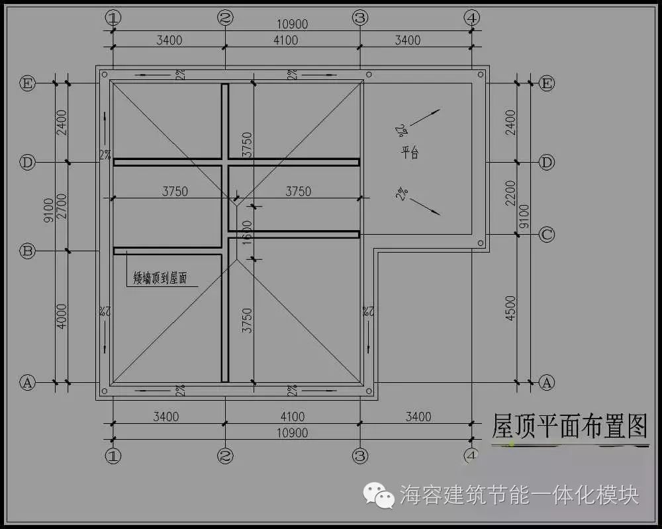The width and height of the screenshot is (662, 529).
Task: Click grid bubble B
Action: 27,251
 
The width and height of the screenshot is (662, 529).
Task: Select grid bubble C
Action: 547,234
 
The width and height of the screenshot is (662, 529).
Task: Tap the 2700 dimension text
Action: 61,206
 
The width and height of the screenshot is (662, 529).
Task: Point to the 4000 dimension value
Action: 61,317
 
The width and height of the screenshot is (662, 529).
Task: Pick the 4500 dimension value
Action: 510,309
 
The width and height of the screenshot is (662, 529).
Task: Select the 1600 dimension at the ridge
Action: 246,232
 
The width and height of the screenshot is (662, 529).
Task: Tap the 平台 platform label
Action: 410,153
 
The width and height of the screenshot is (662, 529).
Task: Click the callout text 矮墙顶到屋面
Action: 160,278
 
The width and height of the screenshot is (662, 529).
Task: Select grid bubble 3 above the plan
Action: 360,18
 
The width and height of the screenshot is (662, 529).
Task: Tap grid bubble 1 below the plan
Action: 113,456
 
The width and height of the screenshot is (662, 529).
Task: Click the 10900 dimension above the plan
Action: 292,24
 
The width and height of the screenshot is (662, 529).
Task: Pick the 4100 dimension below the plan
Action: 292,417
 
